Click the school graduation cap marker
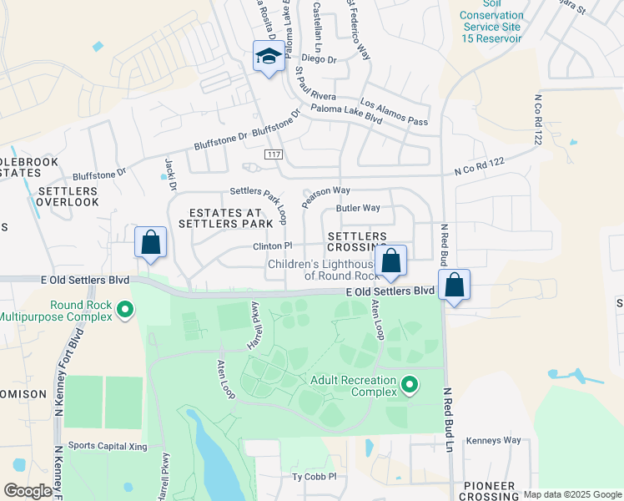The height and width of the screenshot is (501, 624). point(268,57)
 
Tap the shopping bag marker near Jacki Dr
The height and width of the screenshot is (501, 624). point(150,243)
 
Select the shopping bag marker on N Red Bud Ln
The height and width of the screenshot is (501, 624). point(455,285)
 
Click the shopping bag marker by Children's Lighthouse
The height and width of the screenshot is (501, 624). point(390,261)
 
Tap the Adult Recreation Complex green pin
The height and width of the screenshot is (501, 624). point(410,384)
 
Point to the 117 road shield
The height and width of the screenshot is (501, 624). point(274,155)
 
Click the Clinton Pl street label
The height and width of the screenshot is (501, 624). point(273,246)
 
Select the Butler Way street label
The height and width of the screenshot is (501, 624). point(358,208)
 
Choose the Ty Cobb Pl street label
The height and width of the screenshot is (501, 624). point(313,477)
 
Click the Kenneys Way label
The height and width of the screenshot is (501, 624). point(494,440)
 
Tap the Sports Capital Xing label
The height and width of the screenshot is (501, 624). point(108,446)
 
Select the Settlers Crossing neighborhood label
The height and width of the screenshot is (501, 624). point(357,242)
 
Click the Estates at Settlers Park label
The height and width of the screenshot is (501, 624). point(231,219)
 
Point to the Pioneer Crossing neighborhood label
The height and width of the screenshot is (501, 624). point(490,491)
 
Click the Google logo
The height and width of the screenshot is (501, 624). point(28,491)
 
